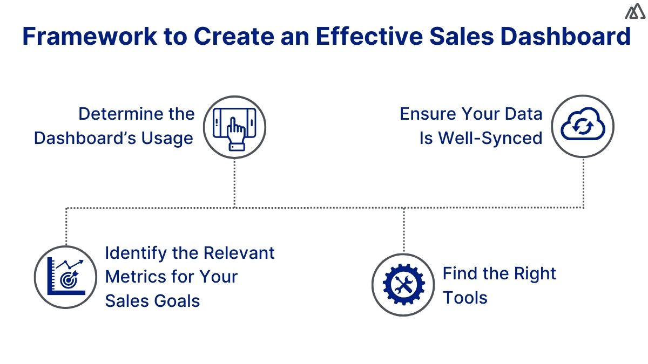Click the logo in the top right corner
pos(636,12)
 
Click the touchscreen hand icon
pos(234,127)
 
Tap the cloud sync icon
pos(583,126)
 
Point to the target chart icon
pos(66,277)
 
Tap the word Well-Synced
pos(490,138)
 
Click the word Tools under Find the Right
pos(465,297)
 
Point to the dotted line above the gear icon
pos(403,230)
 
